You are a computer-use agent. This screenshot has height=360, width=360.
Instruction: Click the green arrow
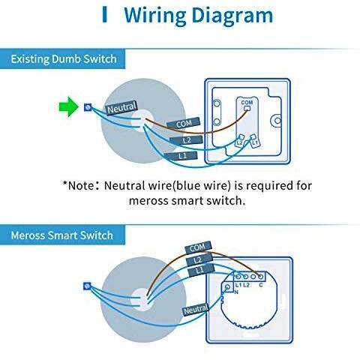(x=69, y=107)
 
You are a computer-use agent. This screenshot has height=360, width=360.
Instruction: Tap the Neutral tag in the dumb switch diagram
(x=121, y=108)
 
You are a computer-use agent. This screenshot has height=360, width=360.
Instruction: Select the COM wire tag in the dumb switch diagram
(x=184, y=124)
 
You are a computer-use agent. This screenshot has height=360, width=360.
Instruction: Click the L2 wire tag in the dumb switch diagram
(x=186, y=140)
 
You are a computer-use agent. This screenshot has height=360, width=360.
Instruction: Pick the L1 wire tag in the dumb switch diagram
(x=181, y=156)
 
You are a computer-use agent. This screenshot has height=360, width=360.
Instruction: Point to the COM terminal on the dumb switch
(x=247, y=108)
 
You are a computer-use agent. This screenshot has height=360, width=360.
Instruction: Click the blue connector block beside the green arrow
(x=88, y=107)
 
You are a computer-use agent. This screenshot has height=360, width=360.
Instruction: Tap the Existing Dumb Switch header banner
(x=62, y=59)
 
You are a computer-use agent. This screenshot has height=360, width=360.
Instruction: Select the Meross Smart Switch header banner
(x=62, y=235)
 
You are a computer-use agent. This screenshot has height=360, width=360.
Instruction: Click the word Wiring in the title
(x=155, y=16)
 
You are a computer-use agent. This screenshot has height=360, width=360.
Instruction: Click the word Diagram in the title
(x=232, y=16)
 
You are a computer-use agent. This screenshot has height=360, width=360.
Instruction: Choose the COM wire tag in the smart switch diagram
(x=198, y=247)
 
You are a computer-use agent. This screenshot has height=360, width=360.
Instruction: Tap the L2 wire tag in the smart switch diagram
(x=199, y=259)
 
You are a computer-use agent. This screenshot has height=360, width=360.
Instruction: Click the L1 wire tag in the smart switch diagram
(x=201, y=271)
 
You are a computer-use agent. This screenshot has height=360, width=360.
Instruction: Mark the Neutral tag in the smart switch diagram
(x=196, y=310)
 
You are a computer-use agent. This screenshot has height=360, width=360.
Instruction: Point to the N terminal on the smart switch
(x=228, y=287)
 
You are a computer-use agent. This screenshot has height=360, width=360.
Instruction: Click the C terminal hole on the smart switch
(x=260, y=277)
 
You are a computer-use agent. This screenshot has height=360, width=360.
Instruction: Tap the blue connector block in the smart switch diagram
(x=87, y=286)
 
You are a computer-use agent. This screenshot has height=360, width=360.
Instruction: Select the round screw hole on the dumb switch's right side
(x=277, y=121)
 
